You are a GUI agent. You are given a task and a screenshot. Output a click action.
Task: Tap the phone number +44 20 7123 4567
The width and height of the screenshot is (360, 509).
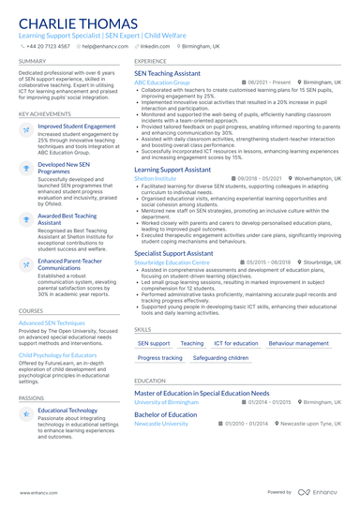(x=48, y=45)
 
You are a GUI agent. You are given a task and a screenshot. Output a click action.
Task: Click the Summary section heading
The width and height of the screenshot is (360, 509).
(x=32, y=61)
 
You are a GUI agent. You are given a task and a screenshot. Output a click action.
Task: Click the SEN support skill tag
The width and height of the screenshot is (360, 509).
(x=154, y=343)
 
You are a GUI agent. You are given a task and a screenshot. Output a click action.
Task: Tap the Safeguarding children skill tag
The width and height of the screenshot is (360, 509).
(x=220, y=358)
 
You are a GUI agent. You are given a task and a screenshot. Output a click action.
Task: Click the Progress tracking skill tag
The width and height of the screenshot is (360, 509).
(x=160, y=358)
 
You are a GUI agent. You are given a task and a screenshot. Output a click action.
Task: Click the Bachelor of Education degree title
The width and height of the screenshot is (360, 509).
(x=166, y=414)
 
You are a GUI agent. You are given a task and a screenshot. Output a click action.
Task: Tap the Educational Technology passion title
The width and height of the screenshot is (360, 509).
(x=67, y=410)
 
